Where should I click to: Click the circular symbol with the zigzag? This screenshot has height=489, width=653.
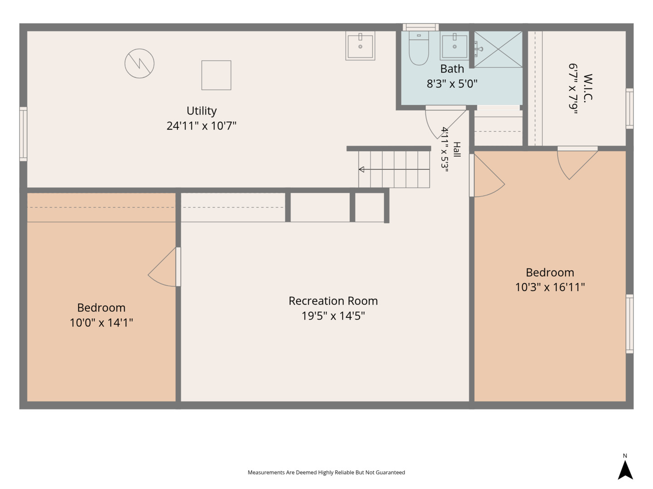[139, 63]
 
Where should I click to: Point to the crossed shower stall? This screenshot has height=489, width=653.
[498, 49]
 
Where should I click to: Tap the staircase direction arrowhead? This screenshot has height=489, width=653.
[362, 169]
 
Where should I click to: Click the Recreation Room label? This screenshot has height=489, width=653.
[333, 301]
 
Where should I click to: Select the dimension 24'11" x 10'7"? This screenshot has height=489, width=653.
[201, 126]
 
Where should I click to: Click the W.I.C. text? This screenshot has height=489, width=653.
[588, 88]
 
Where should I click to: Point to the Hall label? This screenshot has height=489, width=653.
[457, 149]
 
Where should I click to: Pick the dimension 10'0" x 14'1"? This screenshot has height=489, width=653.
[101, 322]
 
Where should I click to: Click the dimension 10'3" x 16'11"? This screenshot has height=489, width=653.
[550, 287]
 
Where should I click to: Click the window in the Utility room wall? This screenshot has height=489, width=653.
[23, 134]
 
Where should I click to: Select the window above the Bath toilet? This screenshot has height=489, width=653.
[421, 27]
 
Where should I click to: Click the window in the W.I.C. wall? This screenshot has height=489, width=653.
[629, 108]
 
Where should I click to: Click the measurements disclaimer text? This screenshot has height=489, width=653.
[326, 472]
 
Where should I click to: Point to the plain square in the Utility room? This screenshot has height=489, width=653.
[216, 75]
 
